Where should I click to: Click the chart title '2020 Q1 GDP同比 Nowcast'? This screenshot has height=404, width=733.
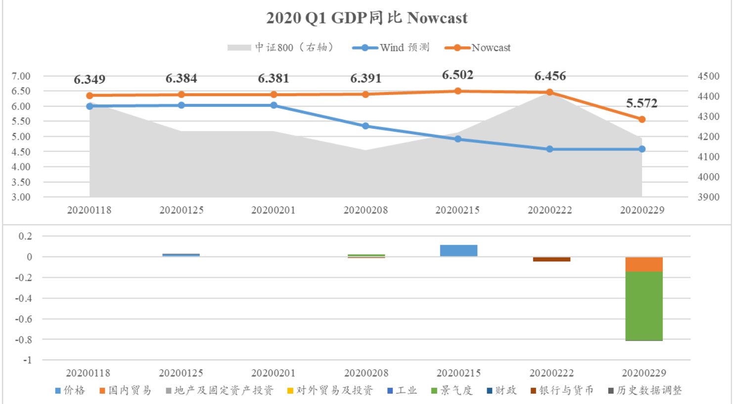tap(366, 18)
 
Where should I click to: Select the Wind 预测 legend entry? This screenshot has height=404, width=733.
tap(391, 48)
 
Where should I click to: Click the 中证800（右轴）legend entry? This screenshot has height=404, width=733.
tap(280, 48)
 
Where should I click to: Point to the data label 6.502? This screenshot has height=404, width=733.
tap(458, 75)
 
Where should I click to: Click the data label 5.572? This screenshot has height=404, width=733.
tap(641, 103)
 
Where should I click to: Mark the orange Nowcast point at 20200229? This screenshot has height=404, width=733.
tap(642, 119)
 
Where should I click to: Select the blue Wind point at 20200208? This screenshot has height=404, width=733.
tap(366, 126)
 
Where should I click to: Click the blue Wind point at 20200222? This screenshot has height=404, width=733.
tap(550, 149)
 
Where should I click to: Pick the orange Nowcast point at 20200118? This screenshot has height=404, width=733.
tap(90, 96)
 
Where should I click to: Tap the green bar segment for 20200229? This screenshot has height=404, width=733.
tap(644, 306)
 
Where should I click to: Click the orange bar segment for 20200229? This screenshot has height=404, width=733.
tap(644, 264)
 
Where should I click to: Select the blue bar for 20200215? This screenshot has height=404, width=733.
tap(458, 251)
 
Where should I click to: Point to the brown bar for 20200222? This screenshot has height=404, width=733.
tap(551, 259)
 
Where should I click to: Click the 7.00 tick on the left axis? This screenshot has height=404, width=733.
tap(21, 76)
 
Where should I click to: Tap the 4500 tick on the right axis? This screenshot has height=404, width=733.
tap(708, 76)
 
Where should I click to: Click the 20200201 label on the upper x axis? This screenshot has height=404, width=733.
tap(274, 210)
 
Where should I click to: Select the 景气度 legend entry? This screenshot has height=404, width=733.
tap(452, 390)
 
